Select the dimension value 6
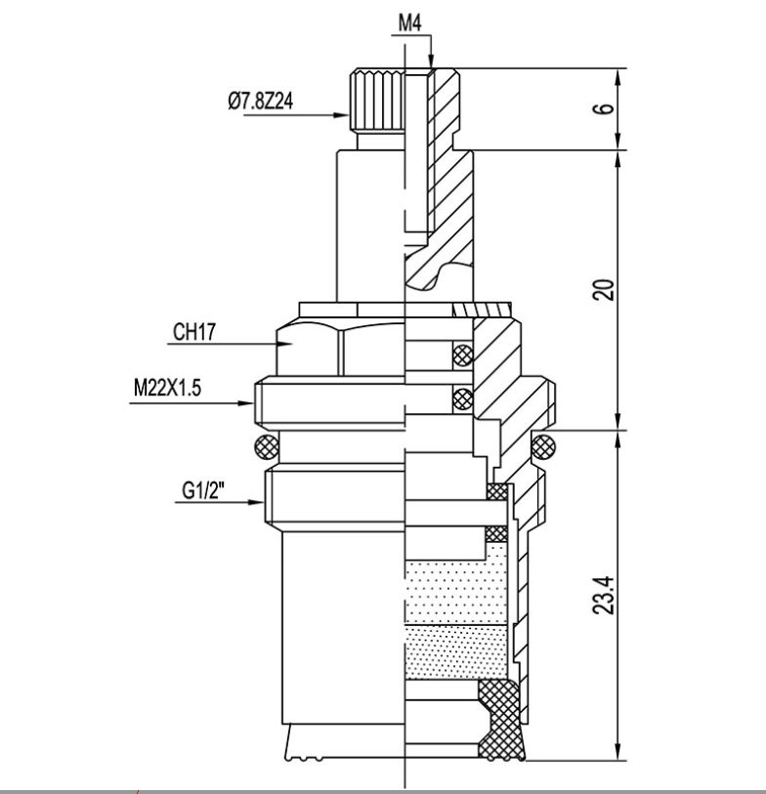[608, 108]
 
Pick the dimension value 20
[608, 289]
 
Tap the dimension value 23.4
[608, 595]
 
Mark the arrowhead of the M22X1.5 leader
[251, 400]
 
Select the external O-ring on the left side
[264, 448]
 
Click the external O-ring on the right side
[542, 448]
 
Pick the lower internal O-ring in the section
[463, 397]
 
